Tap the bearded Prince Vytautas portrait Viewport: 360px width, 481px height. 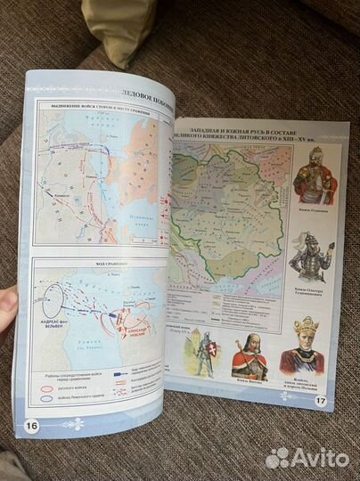(250, 356)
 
